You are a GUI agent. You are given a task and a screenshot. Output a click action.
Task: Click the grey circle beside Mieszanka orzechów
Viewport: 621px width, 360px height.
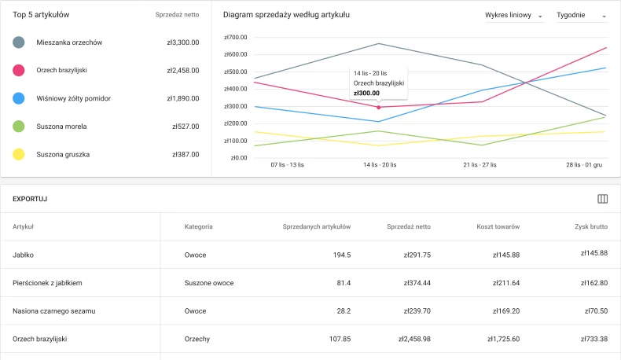(x=19, y=42)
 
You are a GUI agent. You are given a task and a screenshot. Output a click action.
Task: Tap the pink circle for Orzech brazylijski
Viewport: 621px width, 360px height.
(x=19, y=71)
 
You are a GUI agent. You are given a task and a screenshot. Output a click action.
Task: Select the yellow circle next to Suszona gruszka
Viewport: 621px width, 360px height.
(x=19, y=154)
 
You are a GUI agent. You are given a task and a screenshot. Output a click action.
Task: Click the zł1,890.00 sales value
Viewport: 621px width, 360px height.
(x=182, y=98)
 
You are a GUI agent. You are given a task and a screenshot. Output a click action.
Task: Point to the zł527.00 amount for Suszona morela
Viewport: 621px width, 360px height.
(x=186, y=127)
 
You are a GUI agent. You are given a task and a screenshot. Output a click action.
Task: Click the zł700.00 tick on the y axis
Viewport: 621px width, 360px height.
(x=235, y=37)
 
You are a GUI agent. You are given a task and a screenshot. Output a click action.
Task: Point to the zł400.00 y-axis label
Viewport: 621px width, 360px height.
(x=235, y=89)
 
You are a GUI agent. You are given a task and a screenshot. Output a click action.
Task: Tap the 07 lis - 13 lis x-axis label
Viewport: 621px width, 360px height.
(x=286, y=165)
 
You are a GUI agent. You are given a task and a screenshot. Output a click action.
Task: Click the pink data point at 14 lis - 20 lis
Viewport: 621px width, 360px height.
(x=378, y=107)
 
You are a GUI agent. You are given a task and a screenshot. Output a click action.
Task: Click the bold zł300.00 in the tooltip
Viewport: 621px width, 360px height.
(x=366, y=93)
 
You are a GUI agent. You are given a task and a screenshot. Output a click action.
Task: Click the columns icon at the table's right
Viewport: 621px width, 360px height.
(x=603, y=199)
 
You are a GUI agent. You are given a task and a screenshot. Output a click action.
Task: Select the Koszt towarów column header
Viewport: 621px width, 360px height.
(x=498, y=226)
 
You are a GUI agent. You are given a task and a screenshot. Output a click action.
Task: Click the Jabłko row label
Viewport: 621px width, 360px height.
(x=24, y=255)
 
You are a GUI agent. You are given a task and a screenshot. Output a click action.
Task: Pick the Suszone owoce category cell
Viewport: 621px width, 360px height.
(x=209, y=283)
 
